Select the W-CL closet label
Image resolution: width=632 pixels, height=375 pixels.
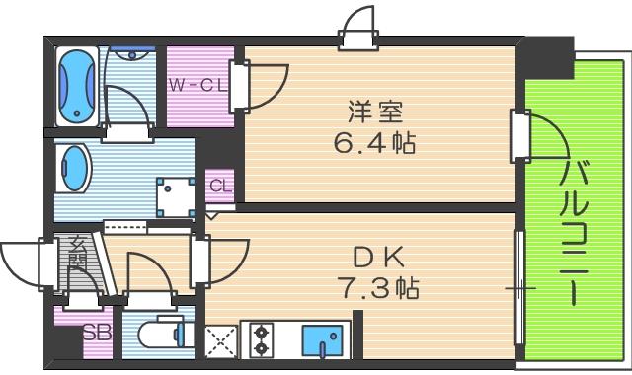point(197,85)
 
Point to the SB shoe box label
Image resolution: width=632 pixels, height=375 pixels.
point(95,332)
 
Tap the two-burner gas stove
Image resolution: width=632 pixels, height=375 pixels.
point(262,339)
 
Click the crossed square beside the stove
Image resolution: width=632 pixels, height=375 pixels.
point(218,340)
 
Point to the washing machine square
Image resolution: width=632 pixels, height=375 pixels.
point(176,195)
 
